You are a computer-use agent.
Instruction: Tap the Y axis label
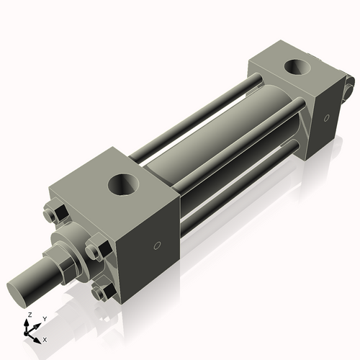(44, 318)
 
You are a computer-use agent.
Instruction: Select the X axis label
(45, 338)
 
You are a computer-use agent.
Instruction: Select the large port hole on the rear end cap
(298, 69)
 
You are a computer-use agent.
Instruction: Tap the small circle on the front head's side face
(158, 247)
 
